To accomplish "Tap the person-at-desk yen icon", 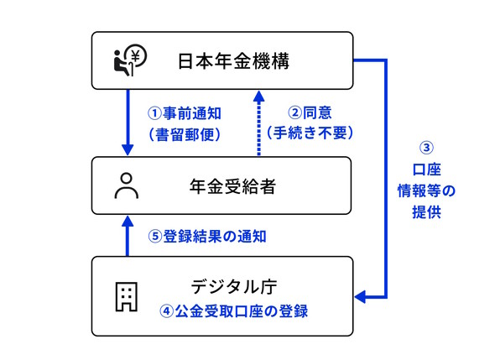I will [130, 60].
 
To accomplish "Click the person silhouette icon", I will [127, 185].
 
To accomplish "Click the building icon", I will [126, 297].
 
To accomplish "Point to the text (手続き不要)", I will [310, 132].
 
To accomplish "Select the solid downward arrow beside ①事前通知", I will [127, 123].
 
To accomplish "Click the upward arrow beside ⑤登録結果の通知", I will [127, 237].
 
